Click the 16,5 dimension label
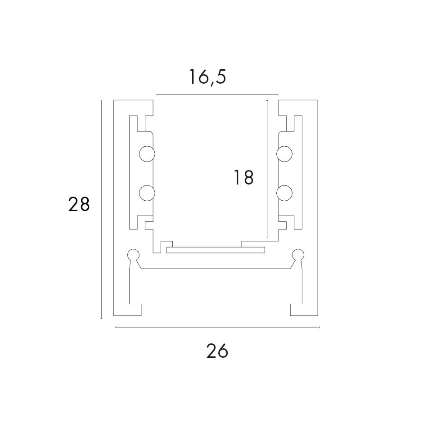click(207, 77)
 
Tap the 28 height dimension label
click(79, 204)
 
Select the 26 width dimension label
click(217, 351)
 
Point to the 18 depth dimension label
click(243, 177)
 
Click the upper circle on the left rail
click(147, 154)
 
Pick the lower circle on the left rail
click(147, 193)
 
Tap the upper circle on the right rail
click(284, 154)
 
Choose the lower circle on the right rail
click(284, 193)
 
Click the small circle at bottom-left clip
click(133, 255)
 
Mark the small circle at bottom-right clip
click(298, 255)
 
